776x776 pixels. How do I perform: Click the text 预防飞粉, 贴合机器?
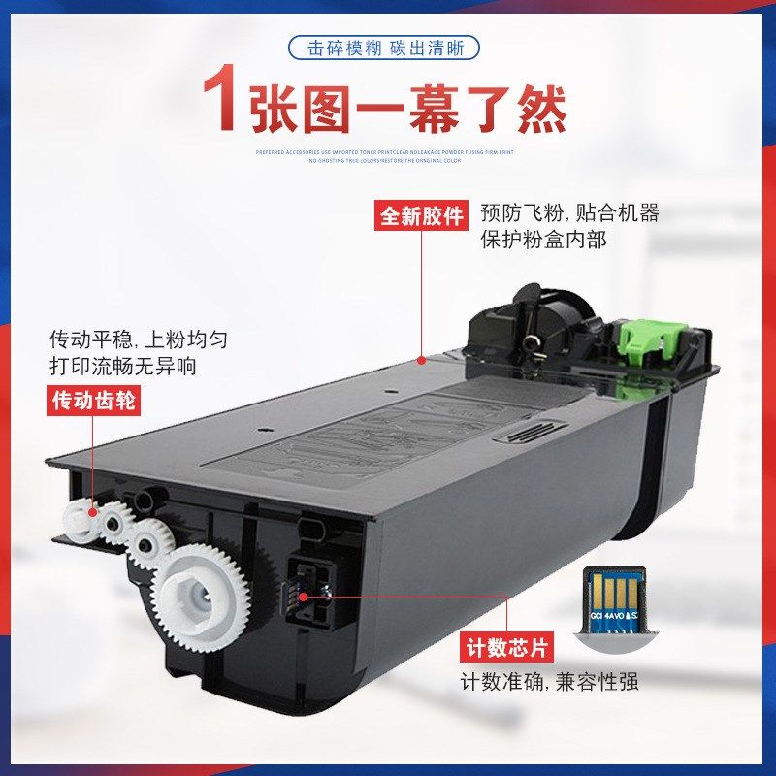569,213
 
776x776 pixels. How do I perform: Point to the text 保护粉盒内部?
543,239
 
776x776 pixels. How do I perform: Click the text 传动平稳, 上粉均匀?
140,340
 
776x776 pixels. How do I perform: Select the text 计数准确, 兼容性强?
549,682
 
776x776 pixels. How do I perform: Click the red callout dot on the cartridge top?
422,361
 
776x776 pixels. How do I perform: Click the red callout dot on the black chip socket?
304,595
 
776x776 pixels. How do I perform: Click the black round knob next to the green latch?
532,339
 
